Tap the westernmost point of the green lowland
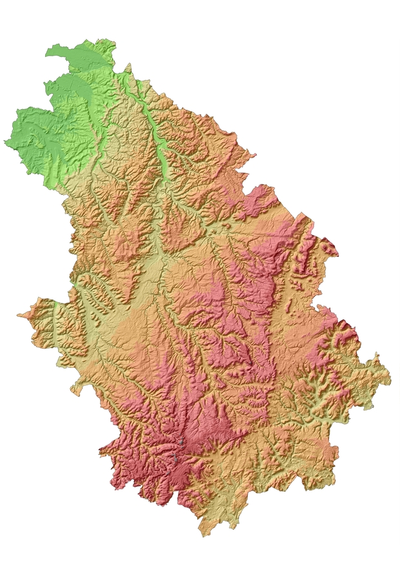(5, 141)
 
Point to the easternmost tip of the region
(390, 374)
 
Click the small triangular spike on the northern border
(128, 65)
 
